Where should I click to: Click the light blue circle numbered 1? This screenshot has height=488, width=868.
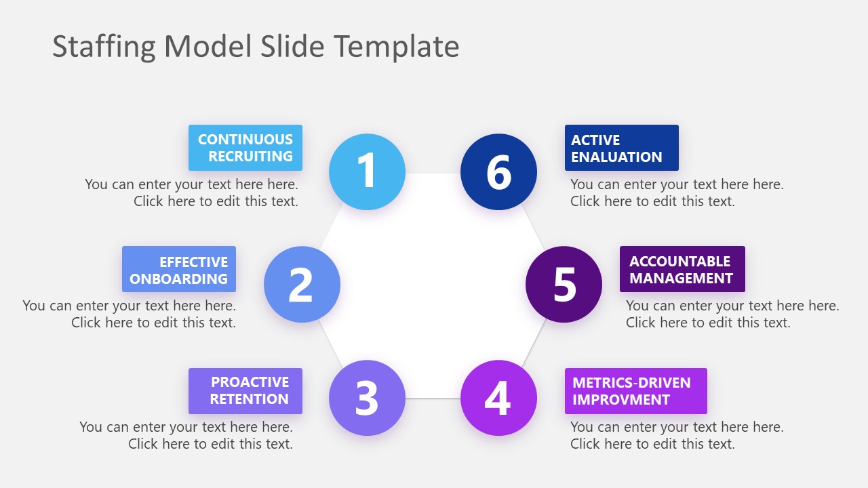point(367,171)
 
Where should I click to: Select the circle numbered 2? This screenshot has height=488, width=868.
point(302,284)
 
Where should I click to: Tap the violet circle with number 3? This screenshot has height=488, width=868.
point(367,398)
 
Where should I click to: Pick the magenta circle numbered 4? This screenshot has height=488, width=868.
point(498,398)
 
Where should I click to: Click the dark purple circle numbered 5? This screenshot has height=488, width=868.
point(564,284)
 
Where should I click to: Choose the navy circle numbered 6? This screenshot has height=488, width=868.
point(498,171)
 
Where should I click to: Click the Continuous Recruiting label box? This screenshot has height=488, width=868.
point(245,148)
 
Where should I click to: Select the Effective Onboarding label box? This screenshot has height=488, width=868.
point(179,270)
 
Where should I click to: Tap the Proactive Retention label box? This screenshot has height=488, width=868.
point(245,391)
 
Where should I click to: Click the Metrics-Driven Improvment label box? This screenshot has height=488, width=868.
point(635,391)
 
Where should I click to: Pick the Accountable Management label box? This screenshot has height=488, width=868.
point(682,270)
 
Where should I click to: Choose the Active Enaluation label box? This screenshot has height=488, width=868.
point(621,148)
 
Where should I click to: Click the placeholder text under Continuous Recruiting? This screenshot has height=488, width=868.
point(192,192)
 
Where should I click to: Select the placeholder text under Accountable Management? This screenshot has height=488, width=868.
point(732,314)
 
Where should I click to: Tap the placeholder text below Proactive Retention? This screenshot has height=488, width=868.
point(186,435)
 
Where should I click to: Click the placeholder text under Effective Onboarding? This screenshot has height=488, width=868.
point(130,314)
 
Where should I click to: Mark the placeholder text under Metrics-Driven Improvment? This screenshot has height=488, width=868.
point(677,435)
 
